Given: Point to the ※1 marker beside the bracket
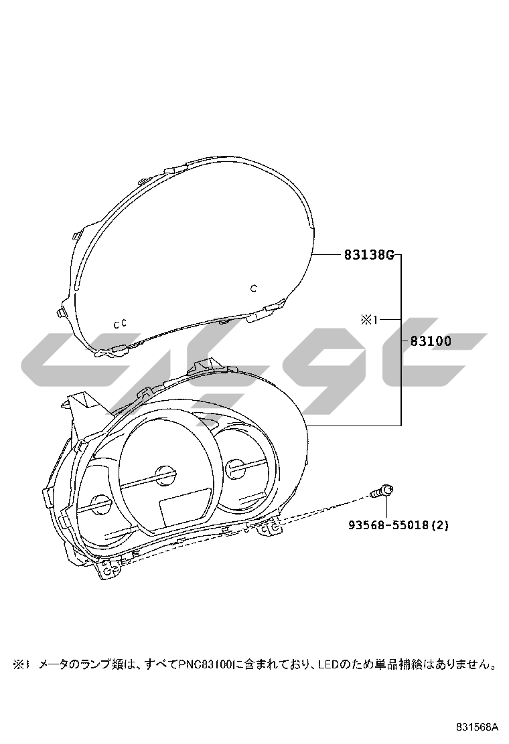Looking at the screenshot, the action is tap(369, 320).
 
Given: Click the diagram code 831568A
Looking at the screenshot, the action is tap(477, 727).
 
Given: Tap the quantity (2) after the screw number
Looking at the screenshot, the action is tap(439, 525).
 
